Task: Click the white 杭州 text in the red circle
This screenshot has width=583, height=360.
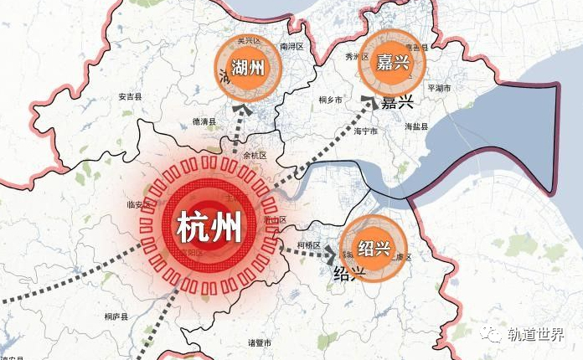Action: [x=209, y=226]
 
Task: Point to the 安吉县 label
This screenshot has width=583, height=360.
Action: [x=131, y=96]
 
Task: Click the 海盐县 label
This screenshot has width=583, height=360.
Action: [x=416, y=126]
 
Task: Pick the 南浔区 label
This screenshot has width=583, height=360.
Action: [x=291, y=47]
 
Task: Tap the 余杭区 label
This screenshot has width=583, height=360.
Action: [x=253, y=156]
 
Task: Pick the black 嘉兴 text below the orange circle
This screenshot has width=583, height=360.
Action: [x=398, y=103]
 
